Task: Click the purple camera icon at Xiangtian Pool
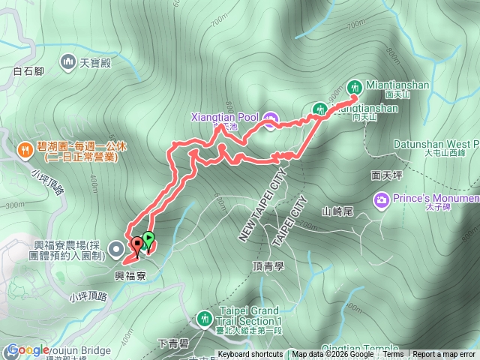tap(271, 118)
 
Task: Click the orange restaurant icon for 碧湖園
tap(26, 148)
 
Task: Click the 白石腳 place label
tap(29, 73)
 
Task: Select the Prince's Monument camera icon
tap(382, 199)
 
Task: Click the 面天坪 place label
tap(388, 175)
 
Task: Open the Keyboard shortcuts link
tap(250, 355)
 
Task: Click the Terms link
tap(393, 355)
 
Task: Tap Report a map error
tap(445, 355)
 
